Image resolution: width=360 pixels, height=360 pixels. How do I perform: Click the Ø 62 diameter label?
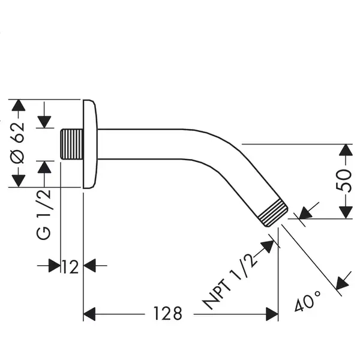point(17,143)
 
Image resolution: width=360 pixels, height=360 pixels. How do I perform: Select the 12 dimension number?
point(70,267)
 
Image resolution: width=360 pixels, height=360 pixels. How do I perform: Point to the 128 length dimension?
point(168,313)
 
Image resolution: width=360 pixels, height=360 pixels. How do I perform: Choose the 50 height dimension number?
point(343,181)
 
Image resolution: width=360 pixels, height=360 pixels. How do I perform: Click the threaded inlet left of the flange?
point(71,144)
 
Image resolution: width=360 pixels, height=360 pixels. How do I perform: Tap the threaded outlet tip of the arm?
point(273,212)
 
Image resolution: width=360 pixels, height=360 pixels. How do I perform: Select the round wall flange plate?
point(90,144)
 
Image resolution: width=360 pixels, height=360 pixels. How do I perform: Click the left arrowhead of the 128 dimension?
point(89,314)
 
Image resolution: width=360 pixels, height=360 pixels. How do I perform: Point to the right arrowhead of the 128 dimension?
point(272,314)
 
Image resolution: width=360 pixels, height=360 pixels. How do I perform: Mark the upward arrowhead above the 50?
point(346,150)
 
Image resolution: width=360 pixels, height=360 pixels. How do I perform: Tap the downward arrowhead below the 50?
point(346,212)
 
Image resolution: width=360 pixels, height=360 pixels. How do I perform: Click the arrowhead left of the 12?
point(55,266)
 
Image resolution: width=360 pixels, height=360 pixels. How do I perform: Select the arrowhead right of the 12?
point(89,266)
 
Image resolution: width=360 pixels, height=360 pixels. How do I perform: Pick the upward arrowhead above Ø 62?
point(19,106)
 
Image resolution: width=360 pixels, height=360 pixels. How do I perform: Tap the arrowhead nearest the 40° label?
point(343,283)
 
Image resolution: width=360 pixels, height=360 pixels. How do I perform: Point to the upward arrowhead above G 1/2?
point(44,167)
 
